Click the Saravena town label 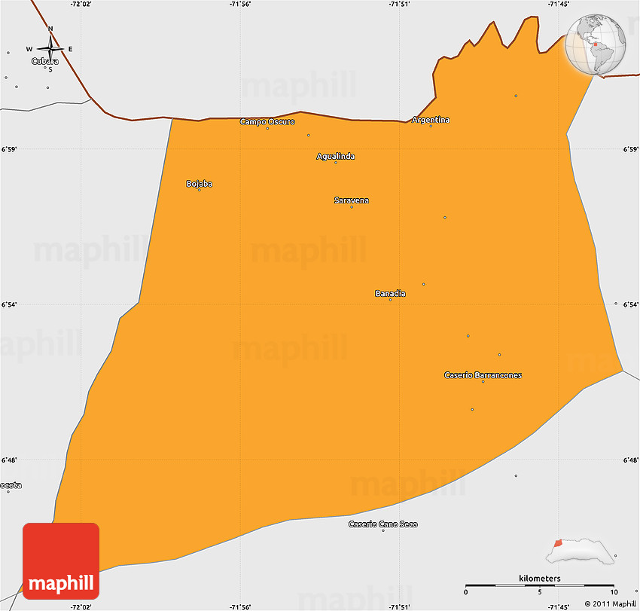352,200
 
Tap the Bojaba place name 200,184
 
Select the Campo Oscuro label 267,121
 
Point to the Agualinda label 336,157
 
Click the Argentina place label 431,120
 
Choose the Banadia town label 390,293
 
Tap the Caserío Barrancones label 483,375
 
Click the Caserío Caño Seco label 382,524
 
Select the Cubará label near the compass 45,61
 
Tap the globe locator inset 596,44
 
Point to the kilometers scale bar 539,584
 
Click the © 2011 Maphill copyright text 611,603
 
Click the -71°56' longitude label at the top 240,5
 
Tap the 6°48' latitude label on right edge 631,460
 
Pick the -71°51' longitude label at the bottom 399,606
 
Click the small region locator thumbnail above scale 584,551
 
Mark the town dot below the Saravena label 352,207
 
